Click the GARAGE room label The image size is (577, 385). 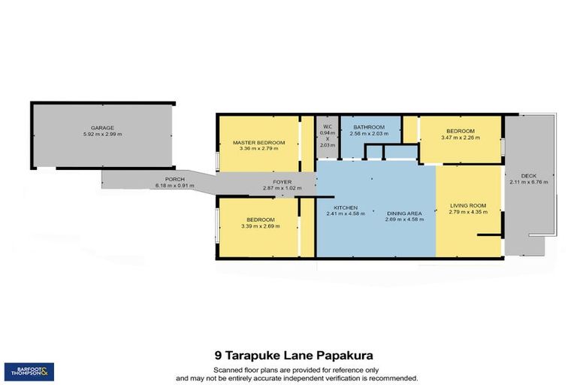(x=102, y=128)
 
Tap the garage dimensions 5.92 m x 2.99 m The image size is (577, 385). (x=102, y=135)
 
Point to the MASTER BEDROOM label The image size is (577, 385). (x=258, y=142)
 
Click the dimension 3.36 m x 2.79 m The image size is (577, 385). (x=258, y=149)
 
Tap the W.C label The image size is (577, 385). (x=327, y=126)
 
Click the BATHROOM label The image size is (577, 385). (x=369, y=127)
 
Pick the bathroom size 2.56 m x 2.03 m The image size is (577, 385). (x=369, y=134)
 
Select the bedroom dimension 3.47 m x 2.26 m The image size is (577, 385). (x=459, y=138)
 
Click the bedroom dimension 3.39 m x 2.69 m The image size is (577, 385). (x=258, y=226)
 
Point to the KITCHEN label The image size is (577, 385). (x=346, y=208)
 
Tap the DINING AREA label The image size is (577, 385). (x=403, y=213)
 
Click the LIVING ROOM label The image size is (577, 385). (x=468, y=205)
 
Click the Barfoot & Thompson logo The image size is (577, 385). (x=29, y=371)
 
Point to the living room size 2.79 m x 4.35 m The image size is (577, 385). (x=468, y=212)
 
